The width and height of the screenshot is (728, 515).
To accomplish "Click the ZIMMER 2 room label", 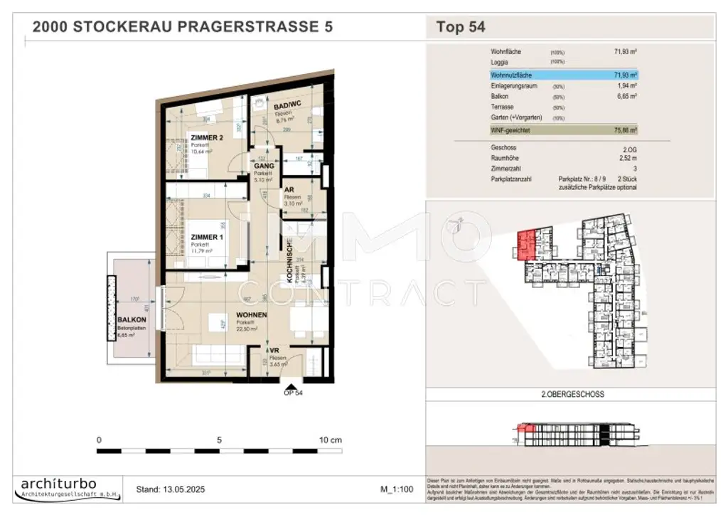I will [208, 137].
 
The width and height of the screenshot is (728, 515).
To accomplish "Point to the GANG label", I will [264, 166].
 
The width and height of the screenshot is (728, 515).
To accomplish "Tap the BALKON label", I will [132, 321].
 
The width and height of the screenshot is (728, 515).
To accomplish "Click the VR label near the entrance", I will [273, 351].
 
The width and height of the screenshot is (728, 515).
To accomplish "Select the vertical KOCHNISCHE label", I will [291, 262].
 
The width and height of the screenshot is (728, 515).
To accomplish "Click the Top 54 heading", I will [460, 28].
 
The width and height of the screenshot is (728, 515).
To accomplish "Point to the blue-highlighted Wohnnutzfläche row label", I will [510, 74].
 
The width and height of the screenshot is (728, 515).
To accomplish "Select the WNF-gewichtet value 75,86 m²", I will [624, 131].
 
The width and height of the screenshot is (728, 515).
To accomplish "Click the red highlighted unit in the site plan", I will [527, 243].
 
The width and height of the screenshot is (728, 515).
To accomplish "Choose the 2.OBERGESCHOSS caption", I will [568, 393].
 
